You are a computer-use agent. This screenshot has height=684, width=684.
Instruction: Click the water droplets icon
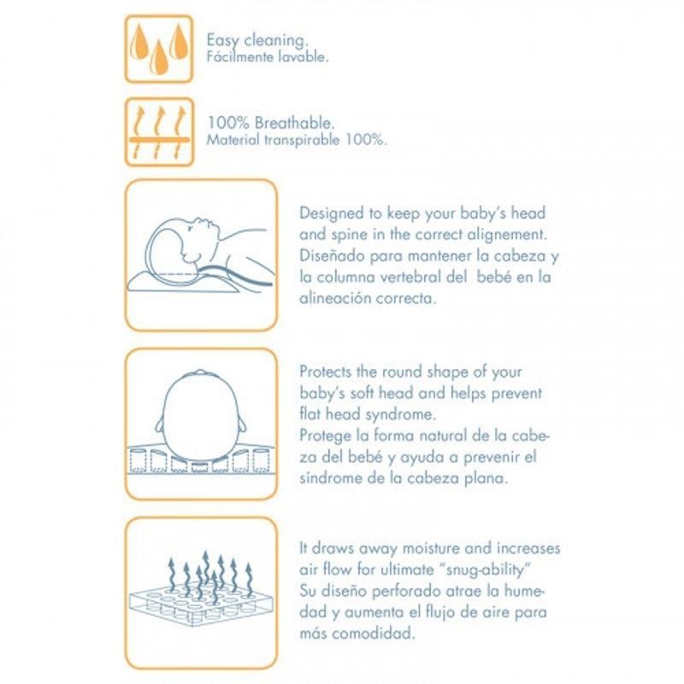(x=159, y=49)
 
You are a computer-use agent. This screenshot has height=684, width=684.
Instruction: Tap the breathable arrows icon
(x=159, y=133)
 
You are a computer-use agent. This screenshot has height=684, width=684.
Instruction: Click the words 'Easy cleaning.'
(x=257, y=40)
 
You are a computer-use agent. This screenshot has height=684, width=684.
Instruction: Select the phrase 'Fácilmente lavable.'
(x=268, y=56)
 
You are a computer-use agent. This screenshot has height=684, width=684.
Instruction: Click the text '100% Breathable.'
(x=270, y=123)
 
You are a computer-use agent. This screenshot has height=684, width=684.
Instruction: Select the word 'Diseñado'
(x=332, y=256)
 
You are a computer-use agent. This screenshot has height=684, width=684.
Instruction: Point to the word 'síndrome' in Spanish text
(x=331, y=478)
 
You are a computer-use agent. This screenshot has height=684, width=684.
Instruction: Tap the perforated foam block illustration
(x=202, y=602)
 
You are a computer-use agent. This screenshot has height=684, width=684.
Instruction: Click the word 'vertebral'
(x=410, y=277)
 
